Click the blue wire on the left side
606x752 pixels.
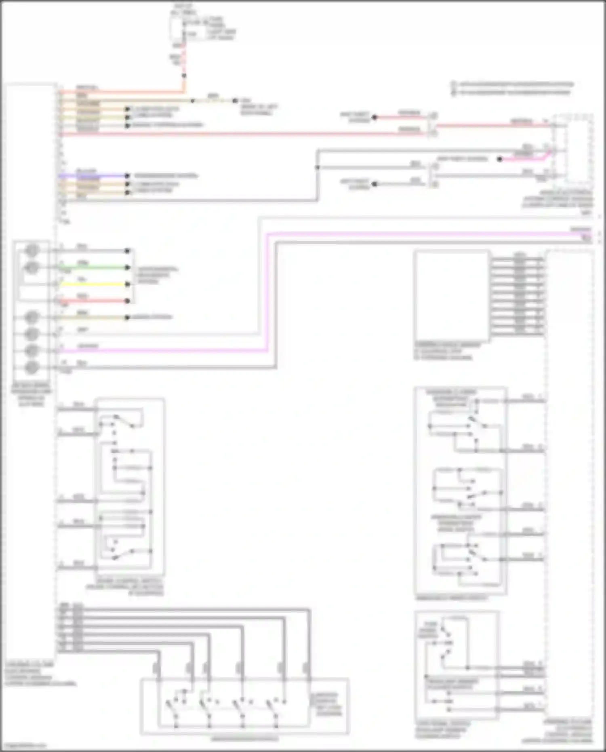point(93,176)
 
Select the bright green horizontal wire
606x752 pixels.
point(93,268)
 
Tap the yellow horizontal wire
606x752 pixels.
point(93,284)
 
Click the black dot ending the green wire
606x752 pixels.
point(127,268)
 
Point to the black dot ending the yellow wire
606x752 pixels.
point(127,284)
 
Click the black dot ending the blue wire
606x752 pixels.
point(127,176)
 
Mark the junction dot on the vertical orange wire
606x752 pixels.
point(184,76)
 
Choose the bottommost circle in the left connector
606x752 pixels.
point(32,368)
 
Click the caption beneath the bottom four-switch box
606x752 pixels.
point(244,739)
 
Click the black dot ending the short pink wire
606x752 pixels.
point(500,159)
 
